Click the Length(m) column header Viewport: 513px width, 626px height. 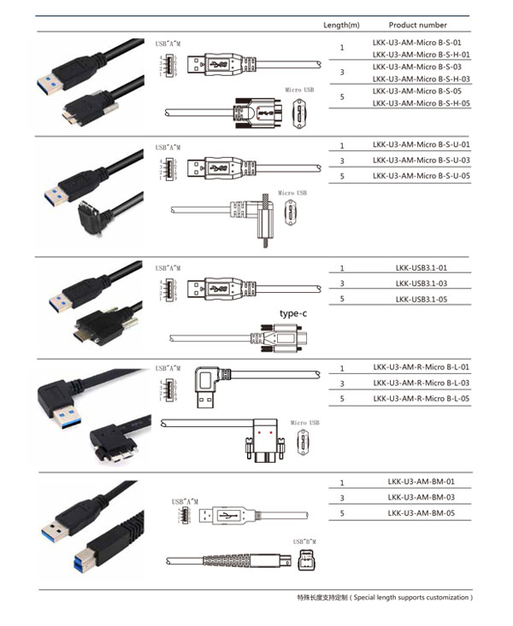[x=341, y=25]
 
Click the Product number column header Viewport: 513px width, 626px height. [x=417, y=25]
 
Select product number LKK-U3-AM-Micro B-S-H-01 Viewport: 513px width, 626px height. [x=422, y=54]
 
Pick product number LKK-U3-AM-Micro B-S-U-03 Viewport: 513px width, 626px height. [x=422, y=161]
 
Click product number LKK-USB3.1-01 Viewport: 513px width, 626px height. [x=422, y=268]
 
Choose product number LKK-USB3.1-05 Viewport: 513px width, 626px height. [x=422, y=299]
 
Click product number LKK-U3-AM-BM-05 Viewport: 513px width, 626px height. [x=421, y=513]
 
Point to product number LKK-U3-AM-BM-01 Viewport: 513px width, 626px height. [x=421, y=482]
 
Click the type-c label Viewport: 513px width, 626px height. [x=292, y=313]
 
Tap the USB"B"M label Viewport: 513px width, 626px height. [x=304, y=542]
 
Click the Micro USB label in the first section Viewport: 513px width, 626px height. [x=299, y=89]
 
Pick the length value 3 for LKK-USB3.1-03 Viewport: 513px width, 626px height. [x=342, y=284]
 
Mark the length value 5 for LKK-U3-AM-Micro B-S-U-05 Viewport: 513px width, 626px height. [x=342, y=176]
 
